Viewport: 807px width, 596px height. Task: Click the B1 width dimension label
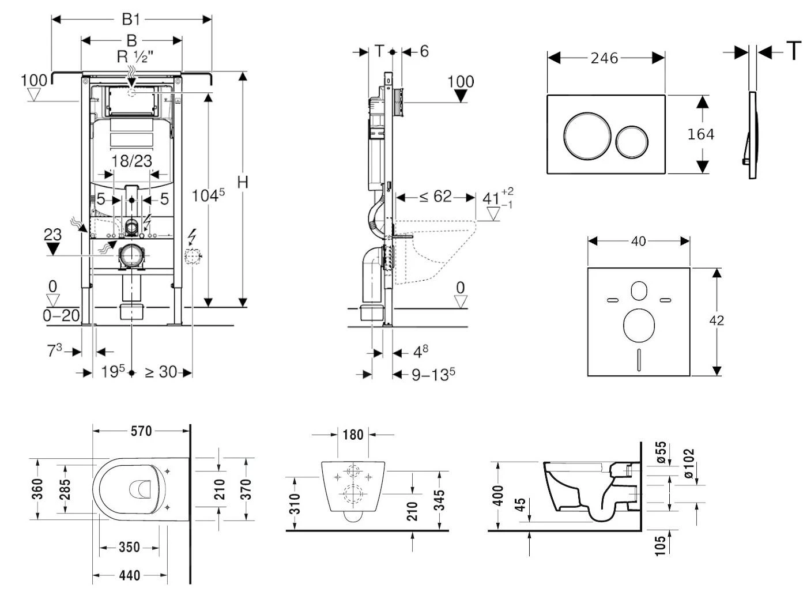[131, 19]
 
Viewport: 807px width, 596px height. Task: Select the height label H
[243, 182]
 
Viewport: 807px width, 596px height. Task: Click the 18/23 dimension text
[131, 161]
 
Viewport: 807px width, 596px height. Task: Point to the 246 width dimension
[604, 58]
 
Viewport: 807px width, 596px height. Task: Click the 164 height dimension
[701, 134]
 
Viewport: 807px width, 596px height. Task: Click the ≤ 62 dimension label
[435, 197]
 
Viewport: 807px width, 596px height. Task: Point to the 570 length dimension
[141, 431]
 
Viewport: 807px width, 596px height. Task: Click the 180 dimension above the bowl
[353, 434]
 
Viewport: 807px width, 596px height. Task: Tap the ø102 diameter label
[689, 463]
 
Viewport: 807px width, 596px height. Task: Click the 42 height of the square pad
[716, 320]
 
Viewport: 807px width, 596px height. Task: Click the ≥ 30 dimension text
[161, 372]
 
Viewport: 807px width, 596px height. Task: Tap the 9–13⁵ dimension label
[433, 375]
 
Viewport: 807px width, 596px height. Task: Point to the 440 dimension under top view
[130, 575]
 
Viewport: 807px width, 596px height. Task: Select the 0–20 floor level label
[61, 315]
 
